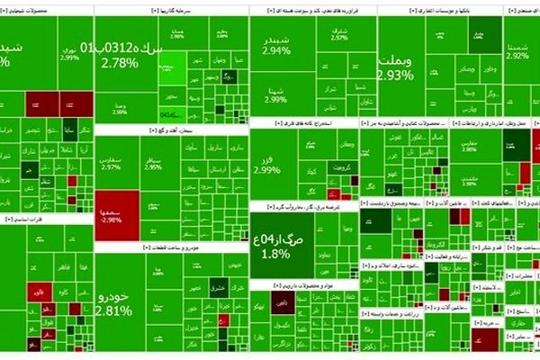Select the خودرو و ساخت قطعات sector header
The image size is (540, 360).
click(170, 247)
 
